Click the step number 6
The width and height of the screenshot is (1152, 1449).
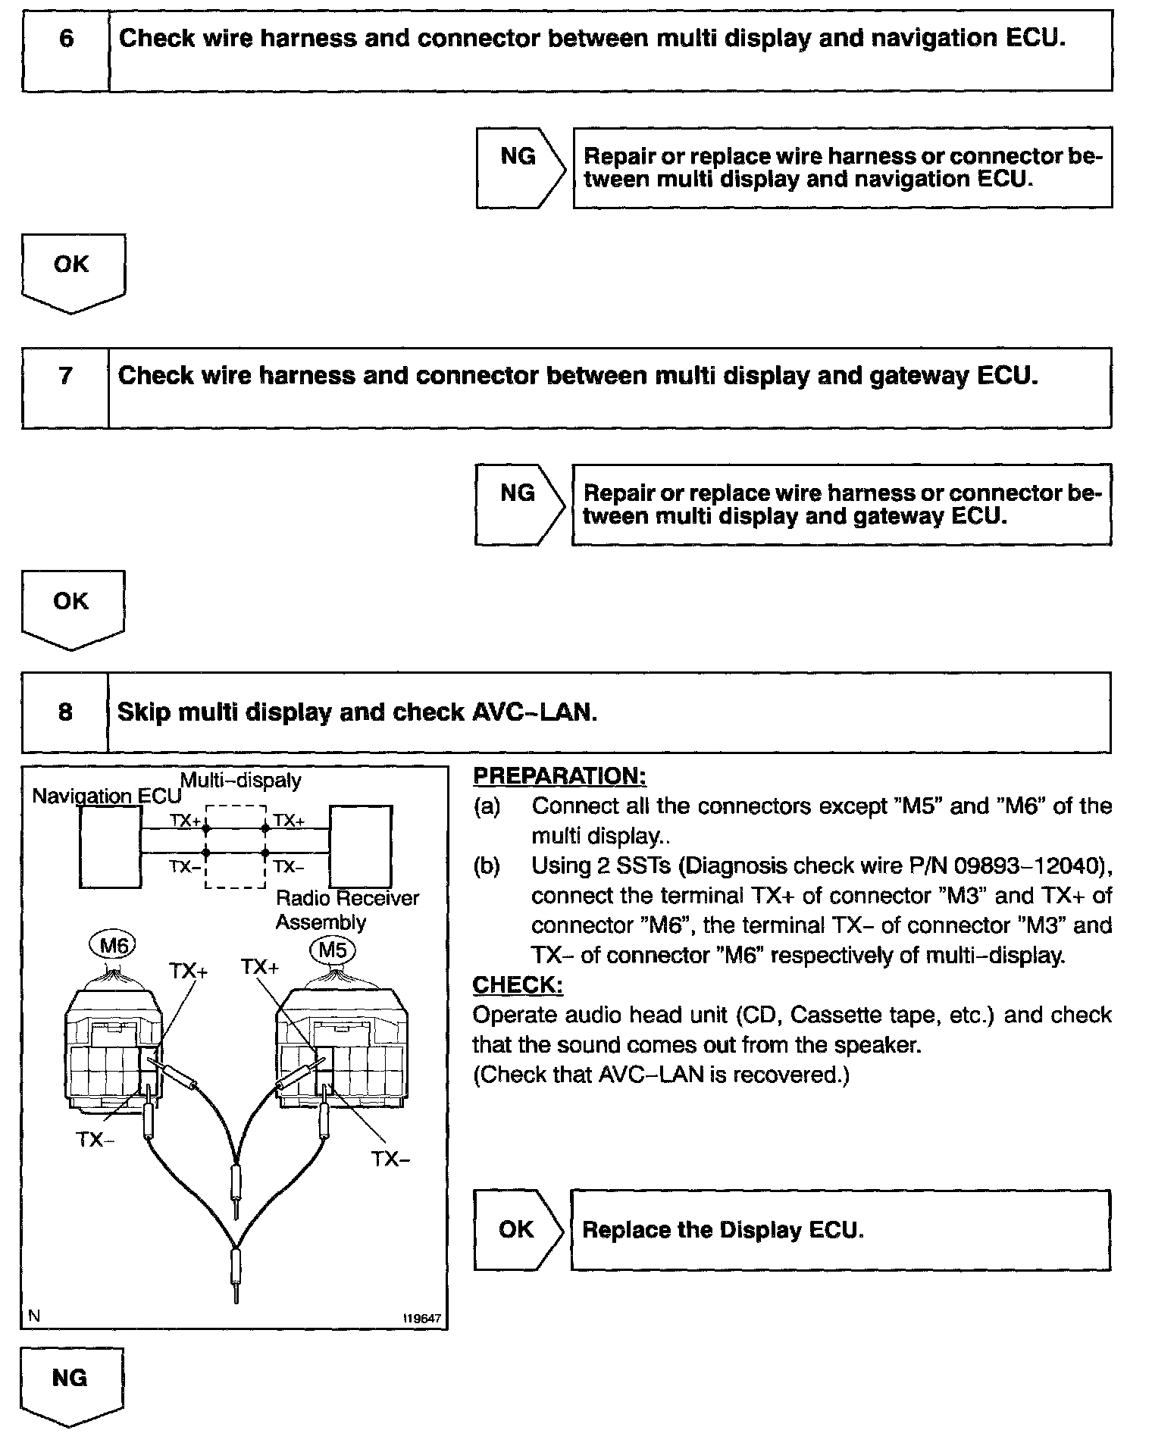[x=66, y=39]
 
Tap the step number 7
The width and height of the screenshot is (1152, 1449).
[x=65, y=376]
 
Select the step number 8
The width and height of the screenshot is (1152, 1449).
[x=65, y=712]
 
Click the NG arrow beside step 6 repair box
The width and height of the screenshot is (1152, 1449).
[x=520, y=167]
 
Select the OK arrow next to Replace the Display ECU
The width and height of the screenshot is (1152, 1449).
[x=518, y=1229]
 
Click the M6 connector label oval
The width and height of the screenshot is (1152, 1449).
[x=113, y=945]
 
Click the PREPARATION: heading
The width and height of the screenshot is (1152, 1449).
[x=559, y=776]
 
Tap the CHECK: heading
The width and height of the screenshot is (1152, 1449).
[x=518, y=984]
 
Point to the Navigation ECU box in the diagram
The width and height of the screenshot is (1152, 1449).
[x=110, y=846]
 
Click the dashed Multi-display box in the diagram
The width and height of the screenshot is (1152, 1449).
[x=236, y=847]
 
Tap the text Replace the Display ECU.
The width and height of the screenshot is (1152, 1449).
[x=722, y=1229]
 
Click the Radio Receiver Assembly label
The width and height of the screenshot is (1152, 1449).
[x=346, y=909]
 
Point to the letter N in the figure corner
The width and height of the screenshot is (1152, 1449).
[x=34, y=1316]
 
